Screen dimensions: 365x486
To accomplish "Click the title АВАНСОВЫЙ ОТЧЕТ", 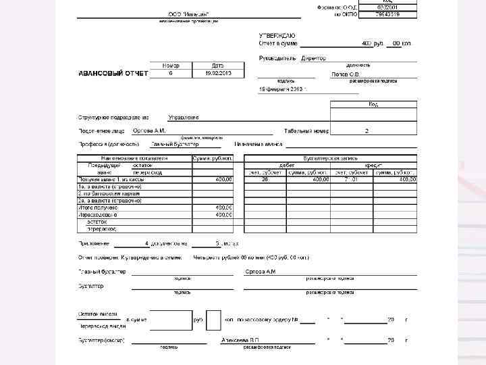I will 113,73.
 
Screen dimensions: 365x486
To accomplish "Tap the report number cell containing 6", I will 171,73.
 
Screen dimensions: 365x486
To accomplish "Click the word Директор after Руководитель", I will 313,58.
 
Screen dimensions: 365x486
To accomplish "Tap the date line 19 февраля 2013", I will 283,89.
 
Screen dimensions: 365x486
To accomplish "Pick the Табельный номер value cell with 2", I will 367,130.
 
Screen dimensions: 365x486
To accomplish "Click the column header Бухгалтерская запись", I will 330,157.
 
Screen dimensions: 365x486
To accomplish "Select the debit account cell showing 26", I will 265,179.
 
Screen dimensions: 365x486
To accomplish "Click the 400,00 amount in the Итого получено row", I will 223,208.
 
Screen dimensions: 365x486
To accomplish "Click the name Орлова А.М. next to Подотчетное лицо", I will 149,130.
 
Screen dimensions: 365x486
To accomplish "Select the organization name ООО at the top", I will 188,14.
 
